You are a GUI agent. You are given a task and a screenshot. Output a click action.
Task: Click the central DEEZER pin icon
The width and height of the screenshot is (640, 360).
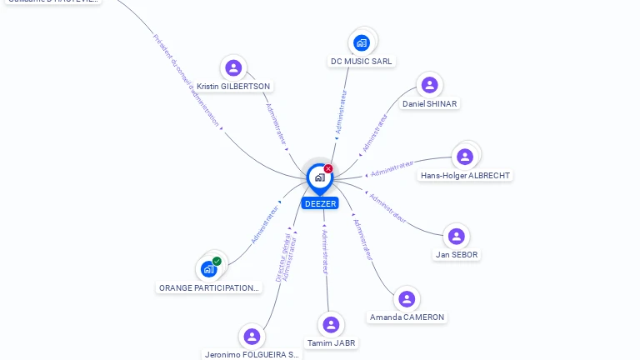point(319,177)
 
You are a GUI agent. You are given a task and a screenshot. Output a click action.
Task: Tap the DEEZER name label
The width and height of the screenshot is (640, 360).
point(320,203)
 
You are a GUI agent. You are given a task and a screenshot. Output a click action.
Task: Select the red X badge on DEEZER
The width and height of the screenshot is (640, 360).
point(328,168)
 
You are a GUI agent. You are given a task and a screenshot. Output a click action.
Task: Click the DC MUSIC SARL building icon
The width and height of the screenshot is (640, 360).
point(361,42)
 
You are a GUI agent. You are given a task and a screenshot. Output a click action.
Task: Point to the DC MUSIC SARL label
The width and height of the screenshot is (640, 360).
point(361,61)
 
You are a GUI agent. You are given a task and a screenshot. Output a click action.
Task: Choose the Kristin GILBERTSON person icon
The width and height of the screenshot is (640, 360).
point(233,67)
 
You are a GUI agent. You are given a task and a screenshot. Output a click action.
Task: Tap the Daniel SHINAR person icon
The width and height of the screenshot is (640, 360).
point(429,85)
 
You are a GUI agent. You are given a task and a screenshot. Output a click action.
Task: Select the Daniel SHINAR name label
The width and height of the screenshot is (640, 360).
point(429,103)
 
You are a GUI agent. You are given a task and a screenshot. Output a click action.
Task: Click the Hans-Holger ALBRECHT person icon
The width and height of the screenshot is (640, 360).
point(465,157)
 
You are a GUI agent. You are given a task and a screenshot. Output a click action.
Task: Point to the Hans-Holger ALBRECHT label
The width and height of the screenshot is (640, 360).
point(465,175)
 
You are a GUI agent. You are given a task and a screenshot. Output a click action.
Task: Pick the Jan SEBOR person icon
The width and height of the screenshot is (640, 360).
point(457,236)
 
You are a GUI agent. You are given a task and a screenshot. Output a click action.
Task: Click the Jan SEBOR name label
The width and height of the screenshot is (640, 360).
point(457,254)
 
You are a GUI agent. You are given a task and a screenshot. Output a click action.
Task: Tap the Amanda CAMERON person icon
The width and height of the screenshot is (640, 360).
point(407,299)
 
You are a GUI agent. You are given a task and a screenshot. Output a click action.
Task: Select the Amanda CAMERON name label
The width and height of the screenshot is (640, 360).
point(407,317)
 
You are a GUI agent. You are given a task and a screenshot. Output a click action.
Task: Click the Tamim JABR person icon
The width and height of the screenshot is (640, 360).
point(331,324)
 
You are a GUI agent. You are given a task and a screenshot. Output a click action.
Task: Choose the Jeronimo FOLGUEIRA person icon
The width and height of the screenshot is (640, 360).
point(252,336)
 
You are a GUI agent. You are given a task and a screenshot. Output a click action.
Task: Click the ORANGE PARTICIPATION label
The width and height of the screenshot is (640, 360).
point(209,287)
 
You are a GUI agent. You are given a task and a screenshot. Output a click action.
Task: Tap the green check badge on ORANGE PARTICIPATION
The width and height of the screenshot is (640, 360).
point(217,261)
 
